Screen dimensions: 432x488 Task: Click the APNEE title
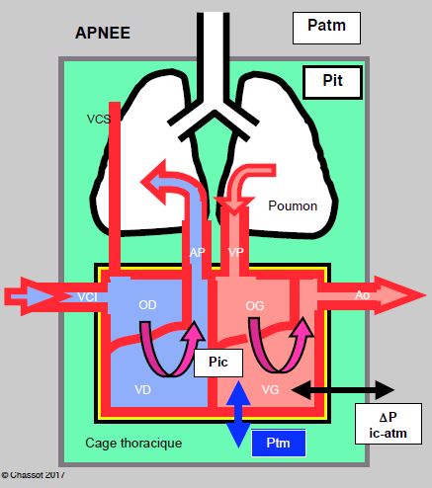tap(103, 33)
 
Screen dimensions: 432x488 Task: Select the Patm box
tap(326, 28)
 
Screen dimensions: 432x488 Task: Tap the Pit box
tap(333, 82)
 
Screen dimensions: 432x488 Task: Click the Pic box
tap(218, 363)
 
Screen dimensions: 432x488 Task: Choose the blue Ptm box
tap(279, 443)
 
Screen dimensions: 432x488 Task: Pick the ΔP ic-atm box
tap(389, 424)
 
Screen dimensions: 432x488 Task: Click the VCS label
tap(98, 119)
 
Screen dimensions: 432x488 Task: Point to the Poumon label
tap(293, 205)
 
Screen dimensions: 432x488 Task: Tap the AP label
tap(197, 253)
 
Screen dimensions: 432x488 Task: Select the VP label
tap(236, 252)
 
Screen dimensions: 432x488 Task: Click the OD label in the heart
tap(147, 305)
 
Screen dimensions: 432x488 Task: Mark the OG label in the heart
tap(255, 306)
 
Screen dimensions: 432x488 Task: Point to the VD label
tap(142, 390)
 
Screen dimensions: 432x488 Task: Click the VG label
tap(270, 390)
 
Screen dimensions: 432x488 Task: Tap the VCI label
tap(87, 297)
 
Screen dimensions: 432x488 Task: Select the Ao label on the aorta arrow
tap(362, 295)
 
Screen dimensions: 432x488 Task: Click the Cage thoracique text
tap(133, 444)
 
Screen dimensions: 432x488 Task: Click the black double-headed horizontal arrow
tap(343, 390)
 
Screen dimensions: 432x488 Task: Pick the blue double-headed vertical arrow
tap(238, 414)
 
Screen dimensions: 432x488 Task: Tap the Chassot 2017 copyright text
tap(33, 475)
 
